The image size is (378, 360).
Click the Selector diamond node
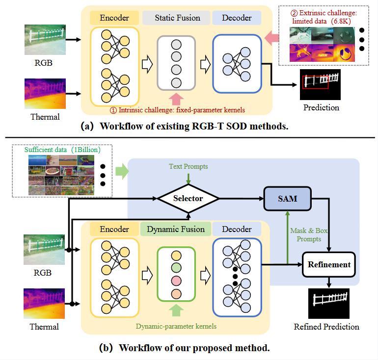point(188,199)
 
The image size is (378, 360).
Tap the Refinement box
point(329,265)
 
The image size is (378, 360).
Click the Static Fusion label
point(177,18)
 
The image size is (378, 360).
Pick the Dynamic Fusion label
point(176,229)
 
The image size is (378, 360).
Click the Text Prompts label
point(188,166)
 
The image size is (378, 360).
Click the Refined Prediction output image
point(327,303)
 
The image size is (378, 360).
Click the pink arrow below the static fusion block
point(176,100)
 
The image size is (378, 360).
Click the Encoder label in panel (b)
point(114,229)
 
